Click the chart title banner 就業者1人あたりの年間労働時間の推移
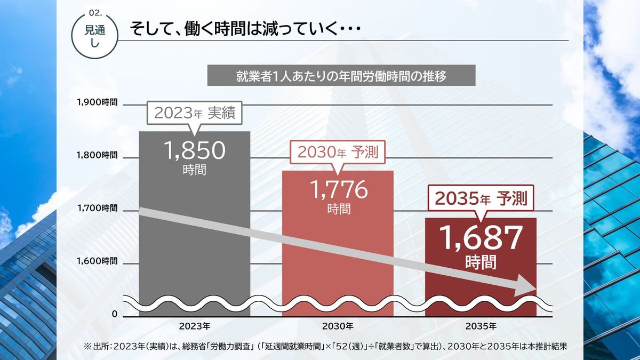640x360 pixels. coord(341,75)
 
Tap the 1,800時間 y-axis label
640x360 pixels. coord(98,155)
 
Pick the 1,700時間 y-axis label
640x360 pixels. coord(98,207)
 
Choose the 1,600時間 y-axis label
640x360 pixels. coord(98,261)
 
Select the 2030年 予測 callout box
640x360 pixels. coord(338,153)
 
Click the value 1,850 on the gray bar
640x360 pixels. coord(195,151)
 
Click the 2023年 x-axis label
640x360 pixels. coord(194,325)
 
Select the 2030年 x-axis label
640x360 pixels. coord(338,325)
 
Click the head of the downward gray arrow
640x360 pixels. coord(533,286)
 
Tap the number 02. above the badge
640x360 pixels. coord(95,12)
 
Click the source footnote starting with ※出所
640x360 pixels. coord(323,346)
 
